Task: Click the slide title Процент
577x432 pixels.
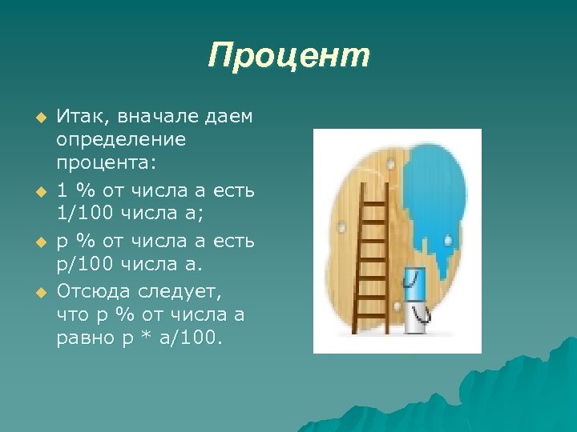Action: pos(288,56)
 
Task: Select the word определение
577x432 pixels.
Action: pos(120,140)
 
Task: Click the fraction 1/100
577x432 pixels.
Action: pos(87,214)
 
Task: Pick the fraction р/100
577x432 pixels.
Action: pos(87,264)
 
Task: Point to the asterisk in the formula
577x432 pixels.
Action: pos(143,339)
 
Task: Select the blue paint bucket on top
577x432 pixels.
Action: pos(414,283)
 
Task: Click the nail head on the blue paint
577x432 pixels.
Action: pos(447,239)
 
